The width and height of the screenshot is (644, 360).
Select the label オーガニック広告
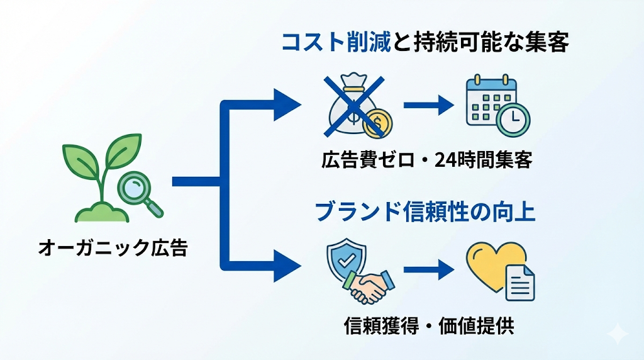113,247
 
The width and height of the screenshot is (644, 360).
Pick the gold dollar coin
379,122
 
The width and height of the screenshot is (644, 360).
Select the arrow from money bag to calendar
428,104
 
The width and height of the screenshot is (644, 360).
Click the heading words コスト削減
336,43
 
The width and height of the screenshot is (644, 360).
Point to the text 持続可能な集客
481,43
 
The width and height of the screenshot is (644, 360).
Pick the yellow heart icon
494,264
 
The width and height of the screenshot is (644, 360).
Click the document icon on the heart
519,283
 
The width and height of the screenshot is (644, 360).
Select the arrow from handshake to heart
428,271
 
